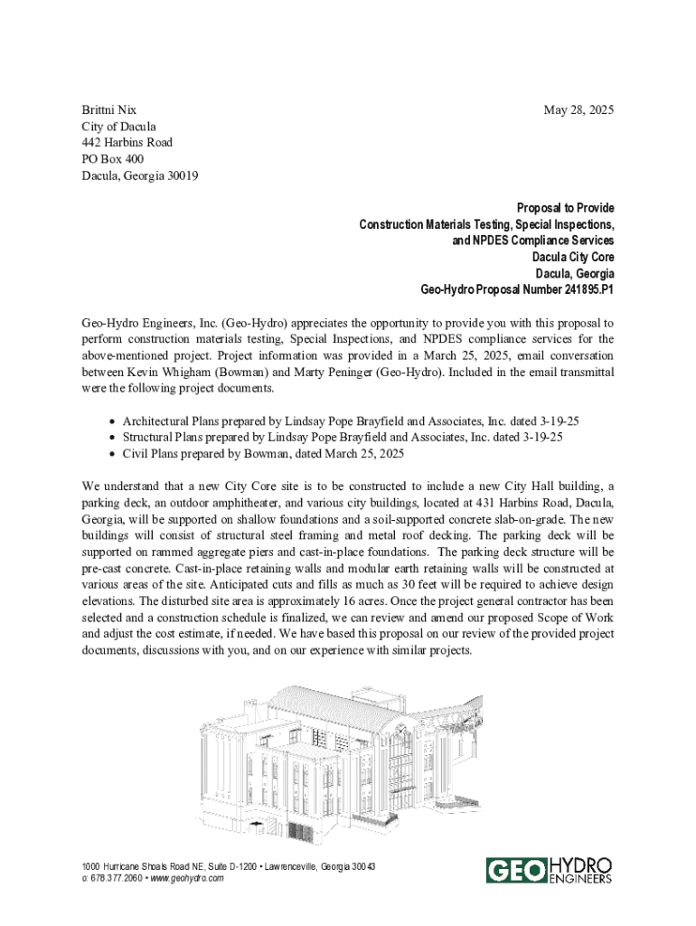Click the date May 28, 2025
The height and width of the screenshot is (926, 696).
coord(578,110)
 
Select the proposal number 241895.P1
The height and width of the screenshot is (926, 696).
coord(581,290)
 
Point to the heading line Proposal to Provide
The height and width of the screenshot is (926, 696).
coord(565,208)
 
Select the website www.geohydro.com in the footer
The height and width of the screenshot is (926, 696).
coord(187,878)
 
